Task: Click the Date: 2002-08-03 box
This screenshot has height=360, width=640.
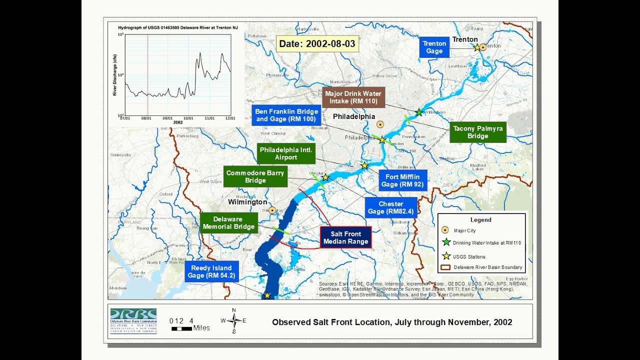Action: (x=317, y=44)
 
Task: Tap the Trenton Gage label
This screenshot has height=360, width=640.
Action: (x=434, y=47)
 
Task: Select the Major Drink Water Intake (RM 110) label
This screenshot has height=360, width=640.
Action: (x=353, y=97)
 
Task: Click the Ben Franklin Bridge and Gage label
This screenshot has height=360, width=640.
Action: (x=286, y=115)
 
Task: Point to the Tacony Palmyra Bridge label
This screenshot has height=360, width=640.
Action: (x=477, y=132)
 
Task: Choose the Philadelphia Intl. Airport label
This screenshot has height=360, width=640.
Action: (x=286, y=154)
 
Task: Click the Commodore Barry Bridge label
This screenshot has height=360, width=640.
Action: (x=255, y=176)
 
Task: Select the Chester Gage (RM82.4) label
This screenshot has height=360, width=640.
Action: (x=390, y=208)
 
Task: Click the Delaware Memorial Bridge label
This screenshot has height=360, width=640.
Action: (x=228, y=223)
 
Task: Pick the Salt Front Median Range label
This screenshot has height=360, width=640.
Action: (x=345, y=238)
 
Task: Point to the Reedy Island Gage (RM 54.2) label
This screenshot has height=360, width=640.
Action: (x=211, y=272)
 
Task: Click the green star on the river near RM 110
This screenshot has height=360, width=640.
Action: (x=419, y=112)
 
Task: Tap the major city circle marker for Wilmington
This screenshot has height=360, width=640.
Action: (x=272, y=210)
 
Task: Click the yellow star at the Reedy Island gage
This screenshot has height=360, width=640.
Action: (x=267, y=295)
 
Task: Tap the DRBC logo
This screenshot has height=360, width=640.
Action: (x=133, y=320)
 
